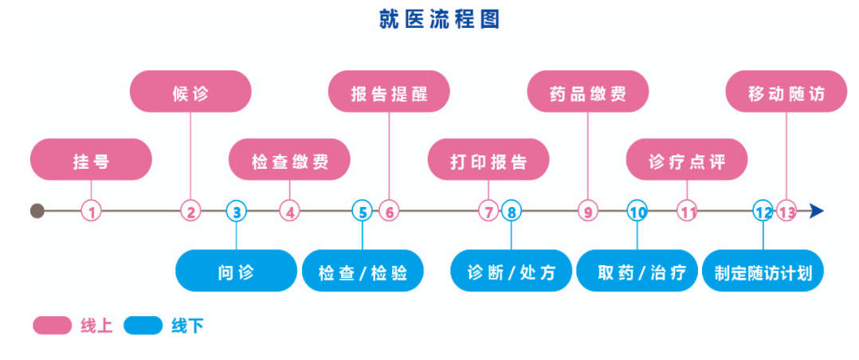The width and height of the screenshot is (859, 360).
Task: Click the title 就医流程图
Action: coord(439,19)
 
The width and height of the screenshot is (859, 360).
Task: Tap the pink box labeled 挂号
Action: coord(91,159)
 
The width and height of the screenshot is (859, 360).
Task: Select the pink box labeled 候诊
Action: coord(190,92)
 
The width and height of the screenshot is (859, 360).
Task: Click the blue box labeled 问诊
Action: coord(236,271)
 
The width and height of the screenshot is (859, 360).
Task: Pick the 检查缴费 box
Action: coord(289,159)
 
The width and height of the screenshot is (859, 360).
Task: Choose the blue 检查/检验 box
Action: coord(363,271)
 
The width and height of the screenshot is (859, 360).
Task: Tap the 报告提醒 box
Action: coord(389,92)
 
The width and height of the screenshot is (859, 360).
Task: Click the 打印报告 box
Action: coord(488,159)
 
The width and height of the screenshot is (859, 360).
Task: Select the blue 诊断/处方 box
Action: coord(511,271)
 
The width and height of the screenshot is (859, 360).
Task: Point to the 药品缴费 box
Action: coord(588,92)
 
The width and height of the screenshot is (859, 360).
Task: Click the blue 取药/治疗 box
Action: coord(637,271)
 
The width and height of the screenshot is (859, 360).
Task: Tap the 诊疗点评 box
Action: coord(687,159)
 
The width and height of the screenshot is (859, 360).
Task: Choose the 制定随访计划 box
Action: coord(763,271)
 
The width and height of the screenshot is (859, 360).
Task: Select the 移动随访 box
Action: coord(786,92)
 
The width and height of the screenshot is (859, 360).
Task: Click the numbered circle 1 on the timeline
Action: coord(92,211)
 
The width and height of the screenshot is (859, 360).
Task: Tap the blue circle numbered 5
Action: coord(362,211)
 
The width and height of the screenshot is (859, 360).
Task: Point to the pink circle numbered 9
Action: coord(588,211)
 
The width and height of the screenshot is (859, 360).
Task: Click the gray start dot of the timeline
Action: coord(37,210)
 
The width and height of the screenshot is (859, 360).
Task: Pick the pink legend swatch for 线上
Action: coord(52,326)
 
